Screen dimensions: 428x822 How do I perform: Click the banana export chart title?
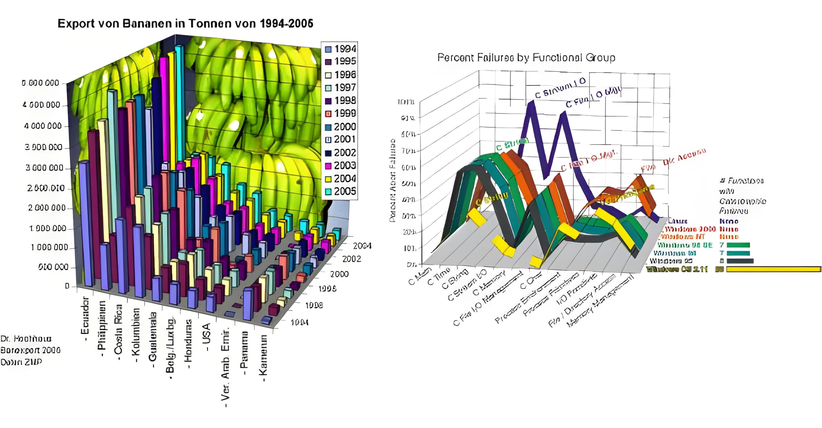[x=185, y=23]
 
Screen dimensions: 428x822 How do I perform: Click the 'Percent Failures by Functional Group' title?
[x=526, y=58]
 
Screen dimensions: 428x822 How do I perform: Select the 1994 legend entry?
[x=340, y=49]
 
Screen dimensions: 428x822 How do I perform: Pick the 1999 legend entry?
[x=340, y=113]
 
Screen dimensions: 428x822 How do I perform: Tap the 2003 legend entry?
[x=340, y=165]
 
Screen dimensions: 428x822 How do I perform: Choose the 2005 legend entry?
[x=340, y=192]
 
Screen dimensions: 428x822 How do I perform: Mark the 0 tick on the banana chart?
[x=67, y=286]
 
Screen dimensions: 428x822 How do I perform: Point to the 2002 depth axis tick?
[x=352, y=259]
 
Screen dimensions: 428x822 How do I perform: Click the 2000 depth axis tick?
[x=339, y=274]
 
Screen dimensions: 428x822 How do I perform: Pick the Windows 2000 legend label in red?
[x=690, y=229]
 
